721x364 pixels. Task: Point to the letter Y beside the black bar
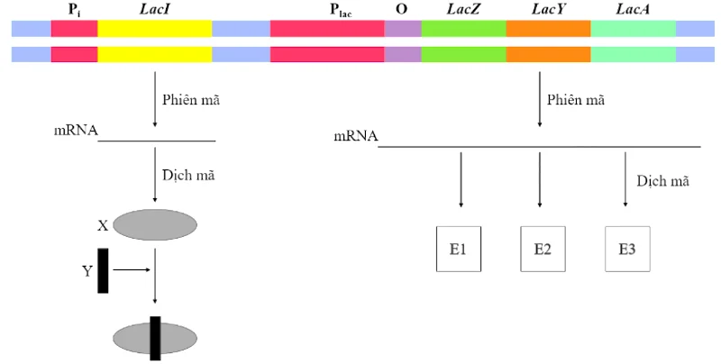pyautogui.click(x=87, y=269)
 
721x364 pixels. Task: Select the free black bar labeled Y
pyautogui.click(x=104, y=269)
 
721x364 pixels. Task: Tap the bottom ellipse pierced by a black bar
pyautogui.click(x=155, y=337)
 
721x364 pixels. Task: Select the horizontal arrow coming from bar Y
pyautogui.click(x=133, y=268)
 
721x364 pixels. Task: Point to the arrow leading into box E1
pyautogui.click(x=461, y=184)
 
